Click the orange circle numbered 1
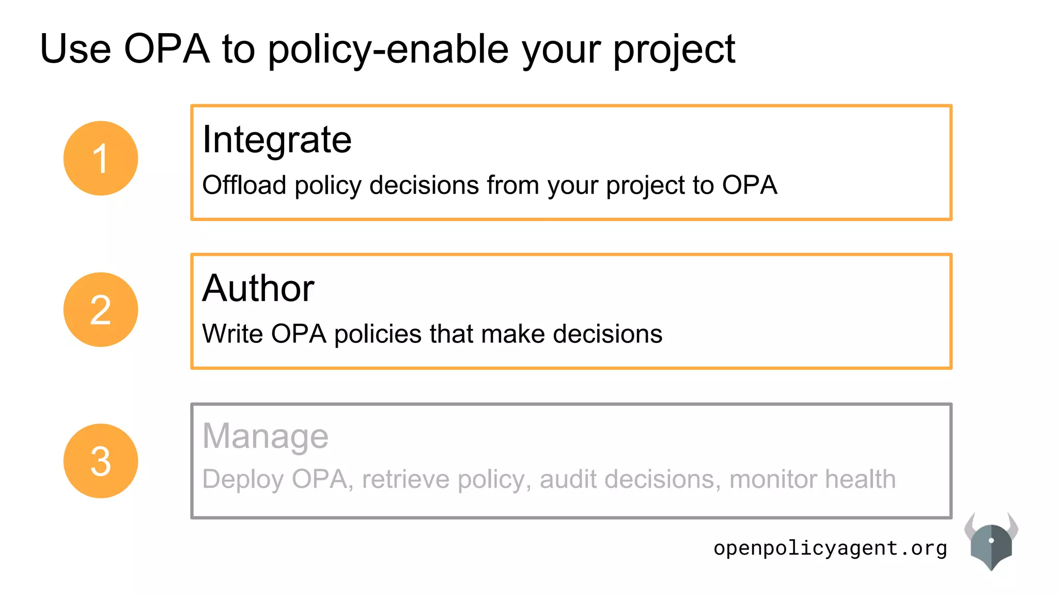101,158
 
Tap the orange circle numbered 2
101,309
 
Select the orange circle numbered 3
101,461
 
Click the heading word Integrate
277,139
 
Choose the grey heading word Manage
266,436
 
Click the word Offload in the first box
244,185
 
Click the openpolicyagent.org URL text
830,548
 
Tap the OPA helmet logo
991,542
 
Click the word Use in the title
75,49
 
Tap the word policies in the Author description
378,334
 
